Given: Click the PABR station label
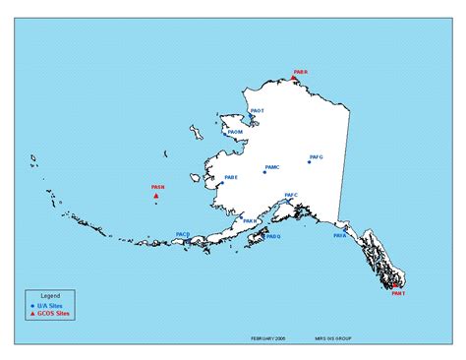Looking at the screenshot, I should [x=301, y=72].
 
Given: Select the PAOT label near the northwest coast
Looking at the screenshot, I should [x=258, y=111].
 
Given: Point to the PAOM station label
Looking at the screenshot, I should [x=235, y=131].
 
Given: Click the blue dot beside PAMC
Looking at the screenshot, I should [x=263, y=172].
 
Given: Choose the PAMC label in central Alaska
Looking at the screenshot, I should [x=272, y=167].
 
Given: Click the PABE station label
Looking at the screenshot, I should [x=230, y=178].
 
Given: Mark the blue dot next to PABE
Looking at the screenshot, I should [x=222, y=183].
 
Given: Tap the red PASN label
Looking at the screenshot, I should [x=157, y=186].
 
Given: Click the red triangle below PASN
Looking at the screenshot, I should [x=156, y=197].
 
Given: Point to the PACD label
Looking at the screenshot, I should [x=183, y=234].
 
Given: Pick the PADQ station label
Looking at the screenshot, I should [x=273, y=236].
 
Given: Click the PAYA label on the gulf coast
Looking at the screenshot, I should [x=340, y=236].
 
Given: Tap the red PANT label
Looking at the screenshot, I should [x=397, y=293].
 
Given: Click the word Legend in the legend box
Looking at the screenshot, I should [x=50, y=295].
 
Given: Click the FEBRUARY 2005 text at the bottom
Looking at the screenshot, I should [x=268, y=338].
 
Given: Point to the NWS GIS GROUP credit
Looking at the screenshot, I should [x=333, y=338].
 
